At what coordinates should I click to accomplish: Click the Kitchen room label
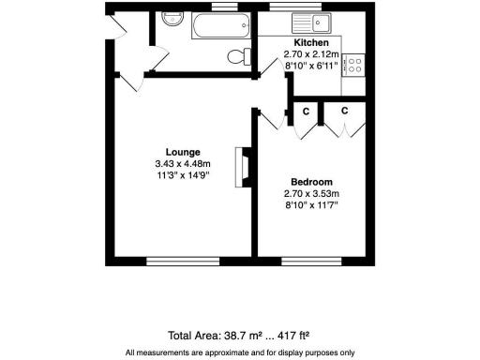(310, 44)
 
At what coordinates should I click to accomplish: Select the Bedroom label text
(311, 182)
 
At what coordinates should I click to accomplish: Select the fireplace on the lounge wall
(245, 168)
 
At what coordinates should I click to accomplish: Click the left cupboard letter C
(306, 111)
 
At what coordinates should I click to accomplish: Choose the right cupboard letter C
(344, 111)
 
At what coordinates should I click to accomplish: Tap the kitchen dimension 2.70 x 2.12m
(310, 55)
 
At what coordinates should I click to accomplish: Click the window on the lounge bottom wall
(183, 260)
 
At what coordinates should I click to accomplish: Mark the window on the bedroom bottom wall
(309, 260)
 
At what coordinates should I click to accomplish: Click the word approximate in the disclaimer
(224, 352)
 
